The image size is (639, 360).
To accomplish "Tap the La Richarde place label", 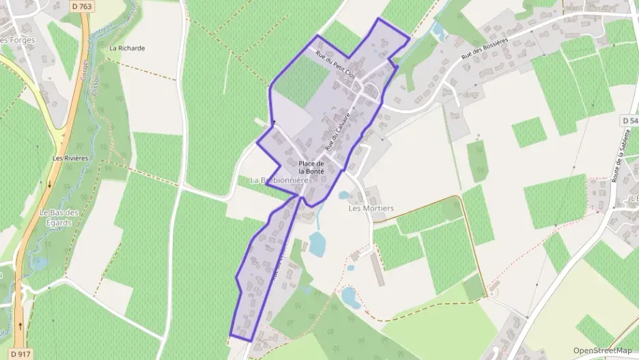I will (x=127, y=49).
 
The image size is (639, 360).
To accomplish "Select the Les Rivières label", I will (x=71, y=158).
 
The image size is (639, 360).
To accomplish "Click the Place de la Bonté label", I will (x=311, y=167).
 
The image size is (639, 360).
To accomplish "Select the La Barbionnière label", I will (x=276, y=180).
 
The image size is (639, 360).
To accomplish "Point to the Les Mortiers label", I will (x=371, y=208).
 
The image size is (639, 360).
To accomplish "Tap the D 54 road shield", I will (x=630, y=120).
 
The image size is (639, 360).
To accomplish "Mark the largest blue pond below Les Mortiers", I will (x=317, y=244).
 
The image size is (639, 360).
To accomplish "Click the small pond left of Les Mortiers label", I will (x=343, y=195).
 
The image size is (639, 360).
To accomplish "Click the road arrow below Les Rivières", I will (x=49, y=184).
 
